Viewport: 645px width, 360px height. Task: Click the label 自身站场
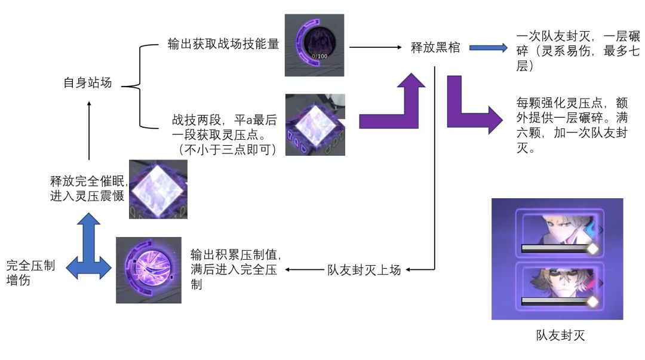pos(88,83)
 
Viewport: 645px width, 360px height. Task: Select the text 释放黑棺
pos(436,47)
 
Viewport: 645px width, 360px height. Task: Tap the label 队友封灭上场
pos(364,269)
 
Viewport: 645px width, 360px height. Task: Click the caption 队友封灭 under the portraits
pos(560,336)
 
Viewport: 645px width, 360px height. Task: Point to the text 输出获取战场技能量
pos(223,44)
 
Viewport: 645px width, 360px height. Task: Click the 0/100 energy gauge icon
pos(314,45)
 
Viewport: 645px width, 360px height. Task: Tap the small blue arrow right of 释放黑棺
pos(487,47)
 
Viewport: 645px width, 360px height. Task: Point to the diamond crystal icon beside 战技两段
pos(315,124)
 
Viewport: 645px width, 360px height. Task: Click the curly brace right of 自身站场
pos(137,86)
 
